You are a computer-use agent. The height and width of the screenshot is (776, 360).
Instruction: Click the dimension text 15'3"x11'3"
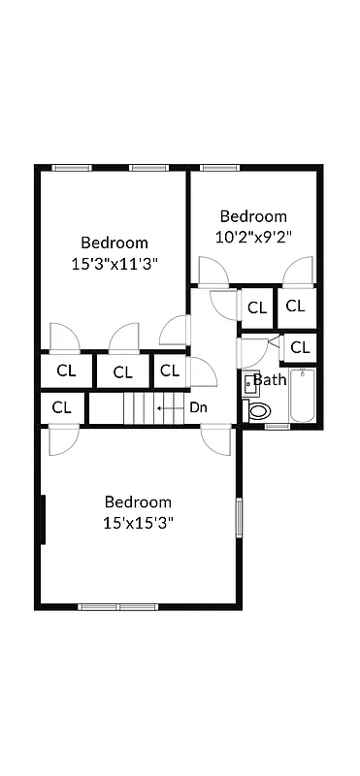(x=115, y=263)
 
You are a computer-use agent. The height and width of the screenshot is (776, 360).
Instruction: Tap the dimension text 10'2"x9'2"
(x=253, y=236)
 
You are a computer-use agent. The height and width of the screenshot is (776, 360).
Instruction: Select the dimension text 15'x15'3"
(x=139, y=522)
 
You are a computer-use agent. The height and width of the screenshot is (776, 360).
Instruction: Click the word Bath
(x=270, y=379)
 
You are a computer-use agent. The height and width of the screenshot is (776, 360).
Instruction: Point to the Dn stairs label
(x=198, y=407)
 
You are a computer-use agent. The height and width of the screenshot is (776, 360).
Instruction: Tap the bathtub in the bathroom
(x=303, y=396)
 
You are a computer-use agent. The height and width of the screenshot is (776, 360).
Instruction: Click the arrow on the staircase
(x=170, y=408)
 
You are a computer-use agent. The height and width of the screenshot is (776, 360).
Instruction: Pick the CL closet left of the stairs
(x=62, y=407)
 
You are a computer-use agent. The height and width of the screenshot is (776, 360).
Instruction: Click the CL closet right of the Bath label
(x=300, y=346)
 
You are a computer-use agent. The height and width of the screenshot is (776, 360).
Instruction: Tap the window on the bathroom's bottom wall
(x=278, y=425)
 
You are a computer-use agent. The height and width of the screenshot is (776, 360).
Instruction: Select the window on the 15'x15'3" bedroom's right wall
(x=239, y=517)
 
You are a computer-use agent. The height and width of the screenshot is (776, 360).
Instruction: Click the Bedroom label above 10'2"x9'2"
(x=253, y=216)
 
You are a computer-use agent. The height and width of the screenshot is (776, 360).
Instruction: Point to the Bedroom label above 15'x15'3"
(x=139, y=501)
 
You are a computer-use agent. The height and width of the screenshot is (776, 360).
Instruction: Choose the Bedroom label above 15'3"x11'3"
(x=115, y=242)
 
